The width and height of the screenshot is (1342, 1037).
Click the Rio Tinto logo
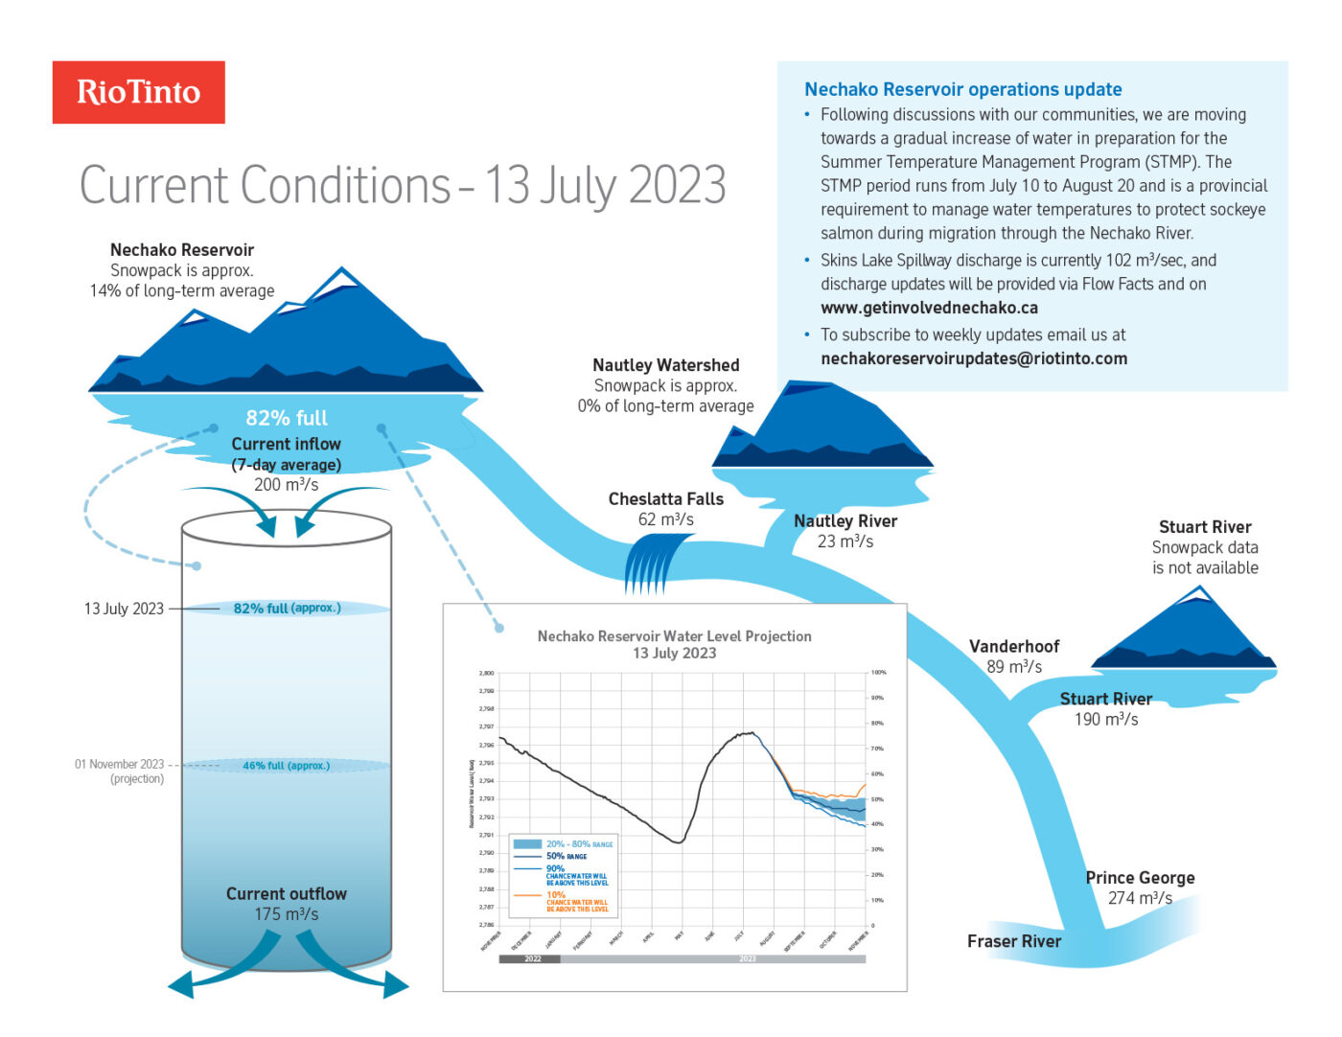coord(138,92)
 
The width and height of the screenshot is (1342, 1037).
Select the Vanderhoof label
coord(1013,646)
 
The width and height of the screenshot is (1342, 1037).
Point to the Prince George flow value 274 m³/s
coord(1140,898)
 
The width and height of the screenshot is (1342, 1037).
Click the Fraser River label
coord(1013,941)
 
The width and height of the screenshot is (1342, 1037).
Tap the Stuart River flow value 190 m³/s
coord(1105,720)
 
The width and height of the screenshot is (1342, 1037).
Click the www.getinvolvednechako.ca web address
coord(929,308)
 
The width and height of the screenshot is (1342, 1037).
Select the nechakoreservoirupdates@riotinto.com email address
coord(973,358)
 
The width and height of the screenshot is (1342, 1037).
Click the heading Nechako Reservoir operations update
coord(962,89)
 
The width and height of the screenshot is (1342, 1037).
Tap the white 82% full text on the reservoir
coord(286,418)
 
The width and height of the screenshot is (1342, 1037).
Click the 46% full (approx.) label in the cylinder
coord(286,766)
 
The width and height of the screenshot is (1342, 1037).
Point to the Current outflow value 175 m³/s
coord(286,914)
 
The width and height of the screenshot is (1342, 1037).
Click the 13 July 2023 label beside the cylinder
coord(124,609)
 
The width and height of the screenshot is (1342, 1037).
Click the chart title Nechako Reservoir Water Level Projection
coord(674,636)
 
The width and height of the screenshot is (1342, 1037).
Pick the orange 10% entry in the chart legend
coord(556,894)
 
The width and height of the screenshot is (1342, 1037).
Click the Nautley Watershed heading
coord(665,365)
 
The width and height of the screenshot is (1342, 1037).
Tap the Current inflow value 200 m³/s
coord(286,485)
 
